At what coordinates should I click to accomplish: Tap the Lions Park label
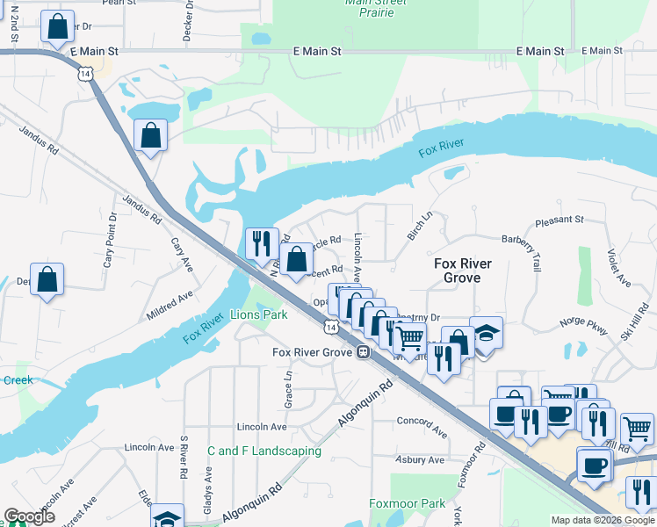[x=258, y=314]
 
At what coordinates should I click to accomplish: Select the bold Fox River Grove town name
[x=463, y=271]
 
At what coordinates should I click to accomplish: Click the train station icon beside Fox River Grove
[x=362, y=352]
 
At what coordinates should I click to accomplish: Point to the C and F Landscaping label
[x=264, y=451]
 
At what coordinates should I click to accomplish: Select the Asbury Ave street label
[x=422, y=459]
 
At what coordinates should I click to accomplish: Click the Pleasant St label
[x=560, y=219]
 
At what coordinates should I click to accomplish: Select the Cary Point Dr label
[x=111, y=240]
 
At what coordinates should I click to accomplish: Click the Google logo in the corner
[x=29, y=516]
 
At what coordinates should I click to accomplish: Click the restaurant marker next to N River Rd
[x=260, y=242]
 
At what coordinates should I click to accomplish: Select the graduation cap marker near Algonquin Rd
[x=167, y=517]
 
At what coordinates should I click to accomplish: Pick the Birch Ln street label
[x=420, y=226]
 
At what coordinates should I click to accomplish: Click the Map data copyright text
[x=602, y=520]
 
